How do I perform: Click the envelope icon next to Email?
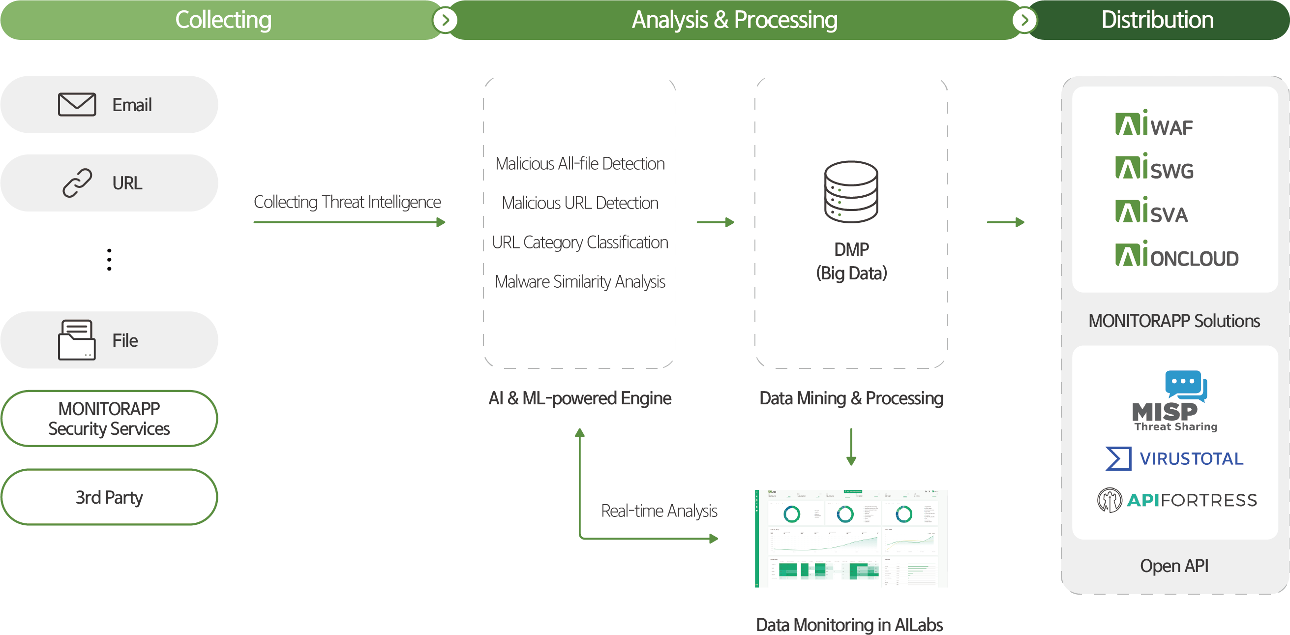(77, 105)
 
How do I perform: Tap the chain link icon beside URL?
(77, 183)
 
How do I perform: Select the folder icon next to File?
(77, 340)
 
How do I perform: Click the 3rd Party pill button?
(109, 497)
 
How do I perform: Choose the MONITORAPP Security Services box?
(109, 419)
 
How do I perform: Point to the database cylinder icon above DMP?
(851, 192)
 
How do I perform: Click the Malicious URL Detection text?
(580, 203)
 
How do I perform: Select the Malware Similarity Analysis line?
(580, 281)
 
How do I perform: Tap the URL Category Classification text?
(580, 242)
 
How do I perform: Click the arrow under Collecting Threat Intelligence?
(349, 222)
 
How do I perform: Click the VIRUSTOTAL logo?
(1174, 458)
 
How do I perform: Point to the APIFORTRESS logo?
(1177, 500)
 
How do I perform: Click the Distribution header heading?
(1157, 20)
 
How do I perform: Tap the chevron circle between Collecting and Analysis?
(445, 21)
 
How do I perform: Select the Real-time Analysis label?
(659, 511)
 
